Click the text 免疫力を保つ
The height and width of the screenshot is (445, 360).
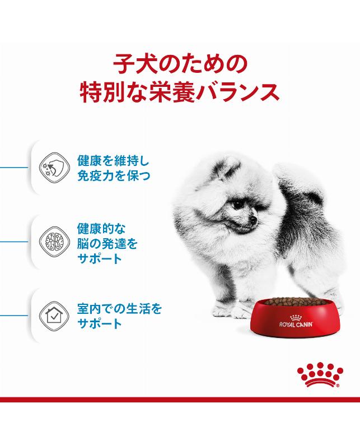click(x=114, y=176)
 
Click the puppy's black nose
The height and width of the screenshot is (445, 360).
click(x=254, y=220)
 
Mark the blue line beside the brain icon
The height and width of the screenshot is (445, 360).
click(x=13, y=242)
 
